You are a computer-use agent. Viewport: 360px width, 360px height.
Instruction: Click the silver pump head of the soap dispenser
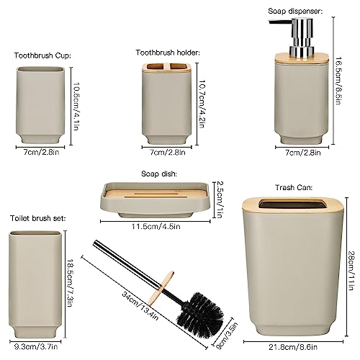(297, 36)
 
